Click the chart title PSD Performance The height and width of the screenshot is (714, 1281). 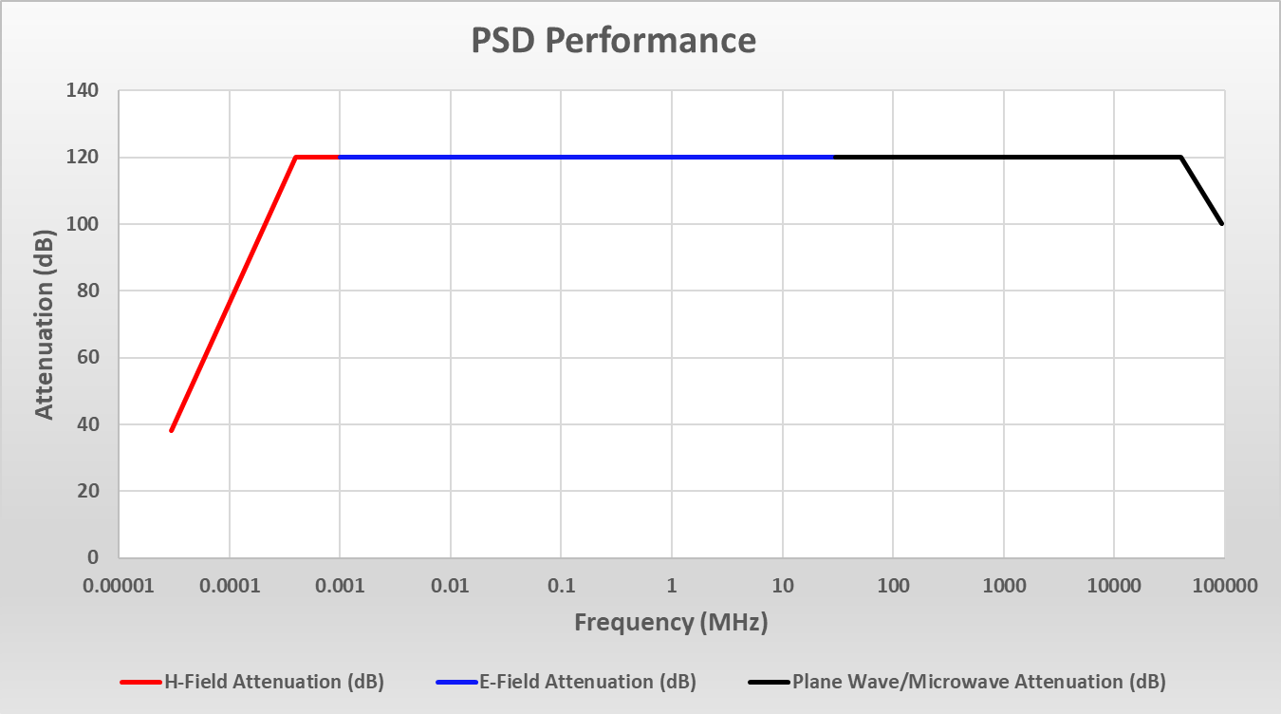tap(614, 41)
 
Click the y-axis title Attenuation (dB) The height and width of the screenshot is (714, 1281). tap(45, 324)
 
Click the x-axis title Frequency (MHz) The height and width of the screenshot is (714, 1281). tap(671, 623)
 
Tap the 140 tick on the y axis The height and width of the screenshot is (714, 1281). tap(83, 91)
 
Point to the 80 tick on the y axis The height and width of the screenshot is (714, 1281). tap(88, 291)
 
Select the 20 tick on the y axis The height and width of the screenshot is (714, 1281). tap(88, 491)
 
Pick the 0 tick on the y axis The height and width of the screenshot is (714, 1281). tap(93, 557)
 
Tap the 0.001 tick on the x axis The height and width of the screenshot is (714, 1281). tap(340, 586)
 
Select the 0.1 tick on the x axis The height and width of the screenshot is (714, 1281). tap(561, 586)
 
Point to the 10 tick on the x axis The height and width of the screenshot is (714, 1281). tap(782, 586)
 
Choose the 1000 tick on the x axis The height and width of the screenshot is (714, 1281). tap(1003, 586)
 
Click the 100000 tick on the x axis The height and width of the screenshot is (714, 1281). tap(1223, 586)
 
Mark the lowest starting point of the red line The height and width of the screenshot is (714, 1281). tap(172, 431)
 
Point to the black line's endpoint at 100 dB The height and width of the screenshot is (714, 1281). tap(1222, 224)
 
